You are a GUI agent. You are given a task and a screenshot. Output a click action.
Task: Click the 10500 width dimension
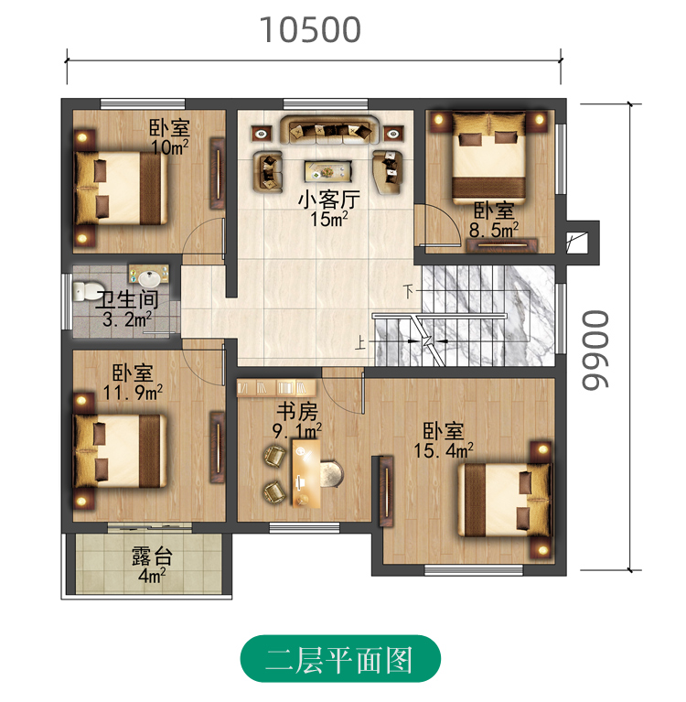click(310, 30)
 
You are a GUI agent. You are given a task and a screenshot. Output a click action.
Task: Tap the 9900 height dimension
click(595, 351)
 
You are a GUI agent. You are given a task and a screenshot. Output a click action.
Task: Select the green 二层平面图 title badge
click(340, 659)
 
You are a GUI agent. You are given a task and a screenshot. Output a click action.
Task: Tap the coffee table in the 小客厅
click(328, 171)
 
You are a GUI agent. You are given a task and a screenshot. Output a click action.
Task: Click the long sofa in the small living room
click(330, 130)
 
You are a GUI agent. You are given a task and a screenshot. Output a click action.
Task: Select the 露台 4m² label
click(152, 564)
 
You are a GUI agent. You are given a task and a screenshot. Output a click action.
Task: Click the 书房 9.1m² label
click(297, 420)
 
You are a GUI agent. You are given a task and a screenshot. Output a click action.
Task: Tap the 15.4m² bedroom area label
click(443, 450)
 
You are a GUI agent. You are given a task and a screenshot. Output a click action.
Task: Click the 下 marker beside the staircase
click(408, 291)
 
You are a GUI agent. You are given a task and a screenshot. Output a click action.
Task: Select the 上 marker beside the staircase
click(360, 343)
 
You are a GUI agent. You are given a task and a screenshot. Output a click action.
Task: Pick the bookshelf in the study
click(276, 388)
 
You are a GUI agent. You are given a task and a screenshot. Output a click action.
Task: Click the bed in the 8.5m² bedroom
click(488, 157)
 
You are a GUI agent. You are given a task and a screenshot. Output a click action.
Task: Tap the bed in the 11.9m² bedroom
click(120, 451)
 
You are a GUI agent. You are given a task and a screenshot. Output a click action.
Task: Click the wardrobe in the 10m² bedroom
click(218, 173)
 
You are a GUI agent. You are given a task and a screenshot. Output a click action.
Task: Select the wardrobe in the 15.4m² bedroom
click(386, 491)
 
